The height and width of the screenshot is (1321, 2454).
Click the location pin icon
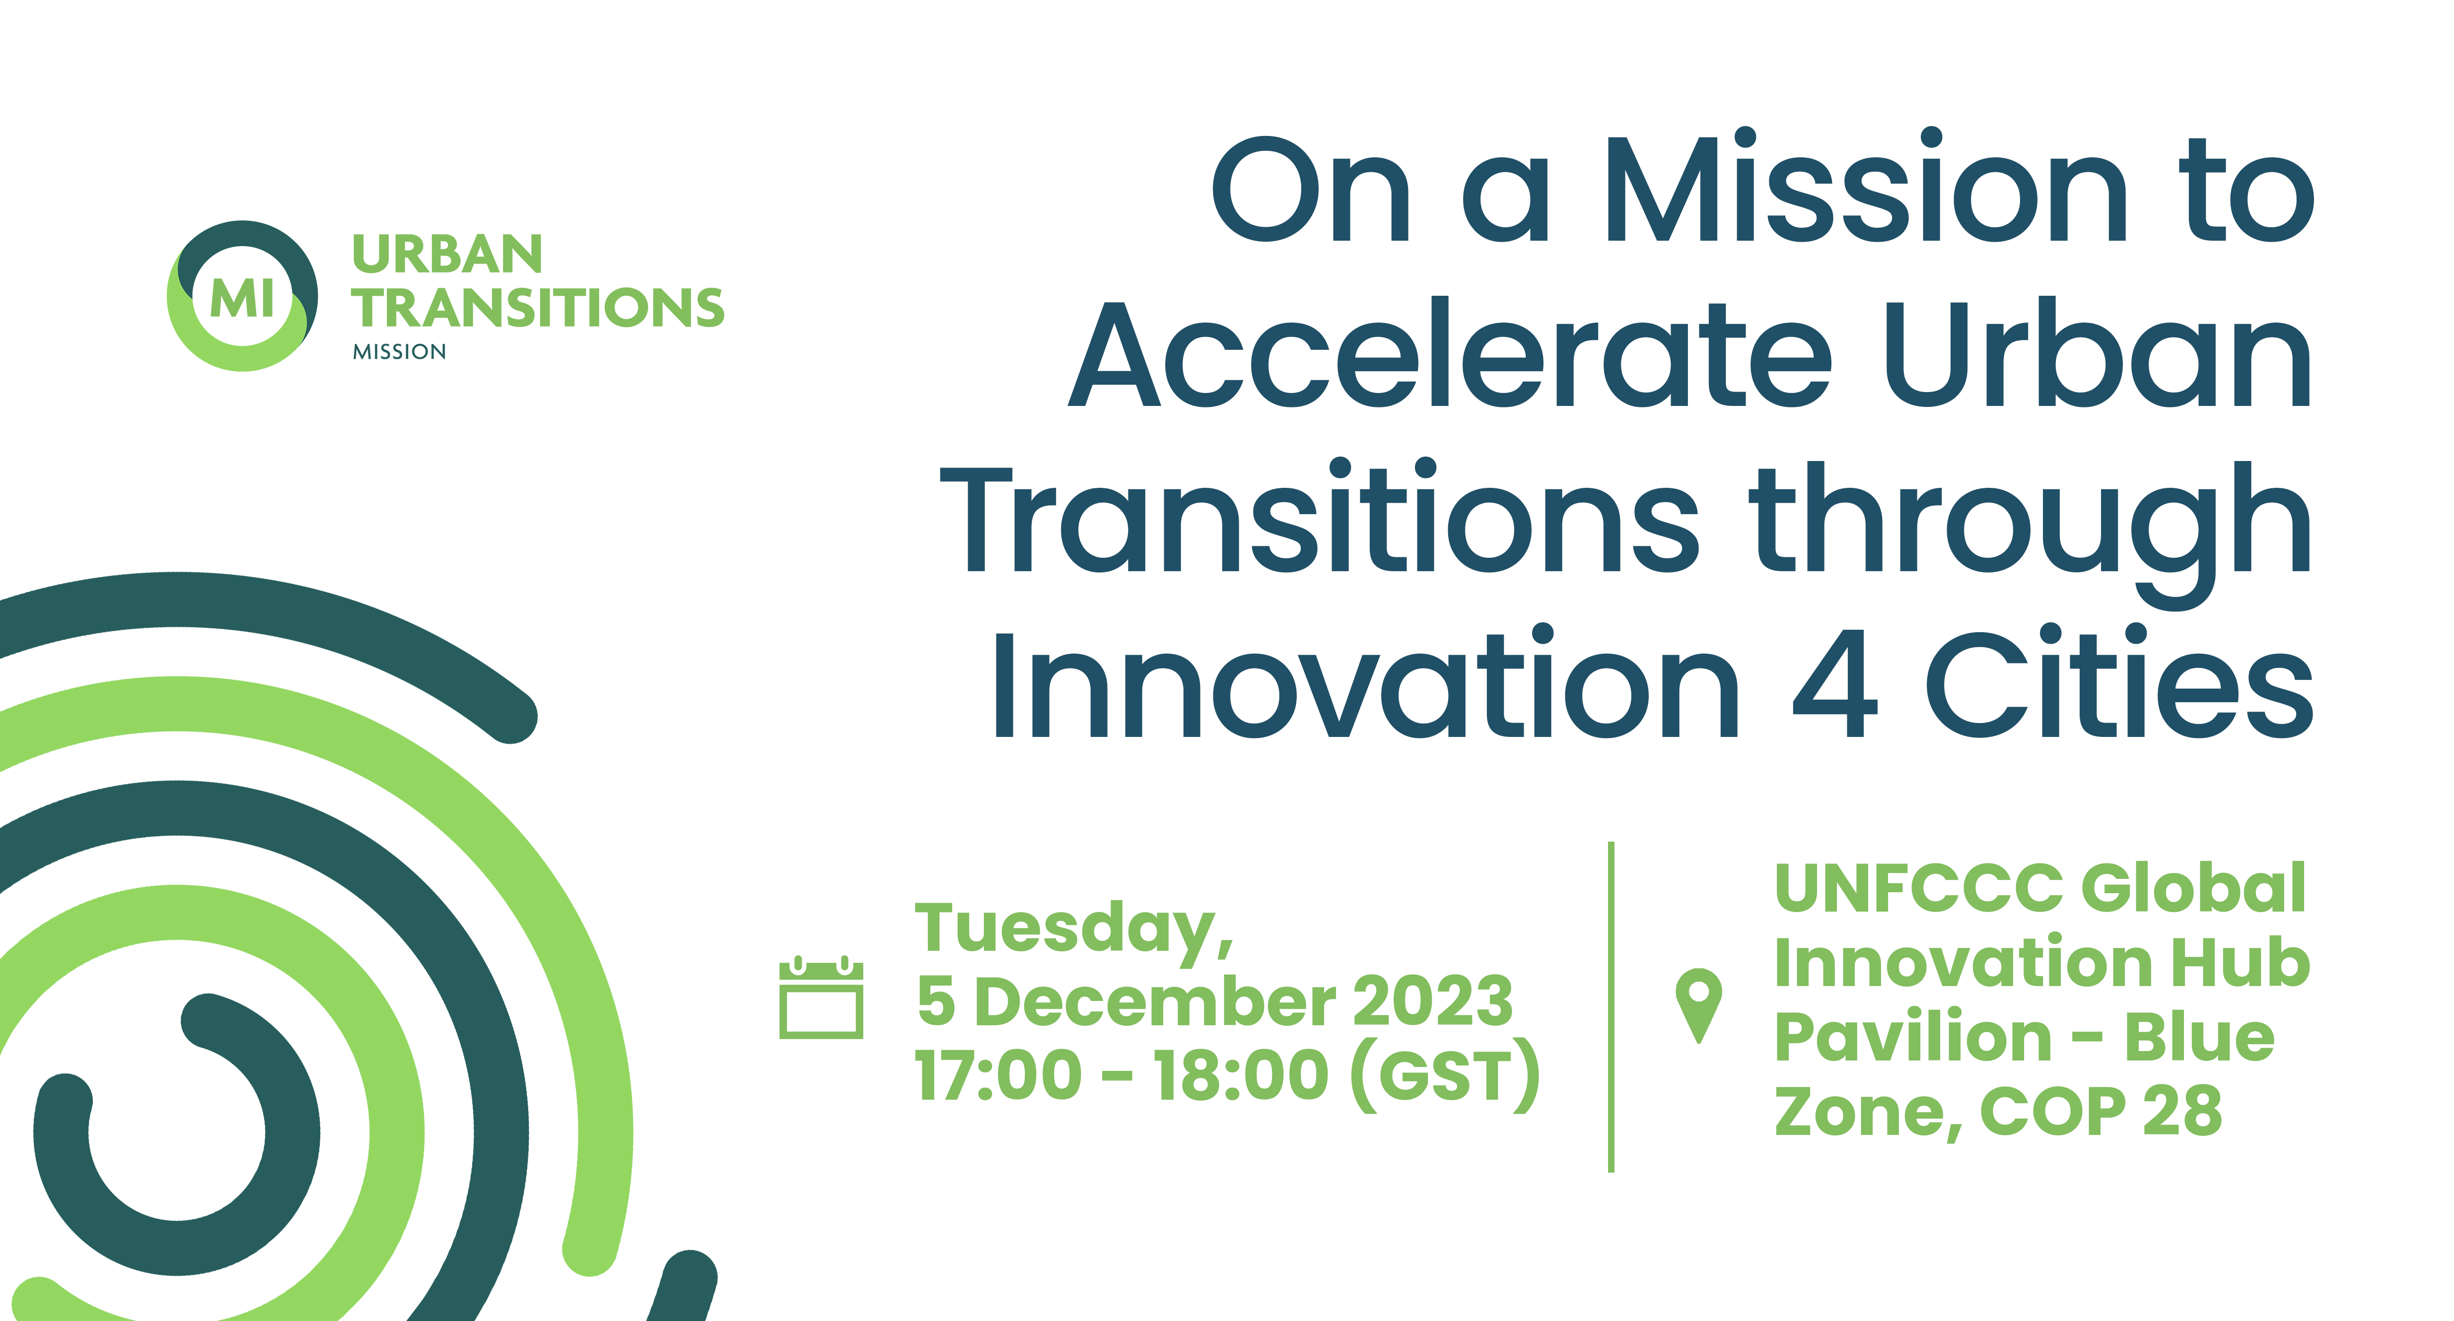click(x=1698, y=1005)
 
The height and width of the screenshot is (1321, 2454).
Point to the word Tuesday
click(x=1074, y=928)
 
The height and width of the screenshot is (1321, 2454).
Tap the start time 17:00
click(x=998, y=1074)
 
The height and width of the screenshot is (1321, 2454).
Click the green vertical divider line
click(x=1611, y=1007)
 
